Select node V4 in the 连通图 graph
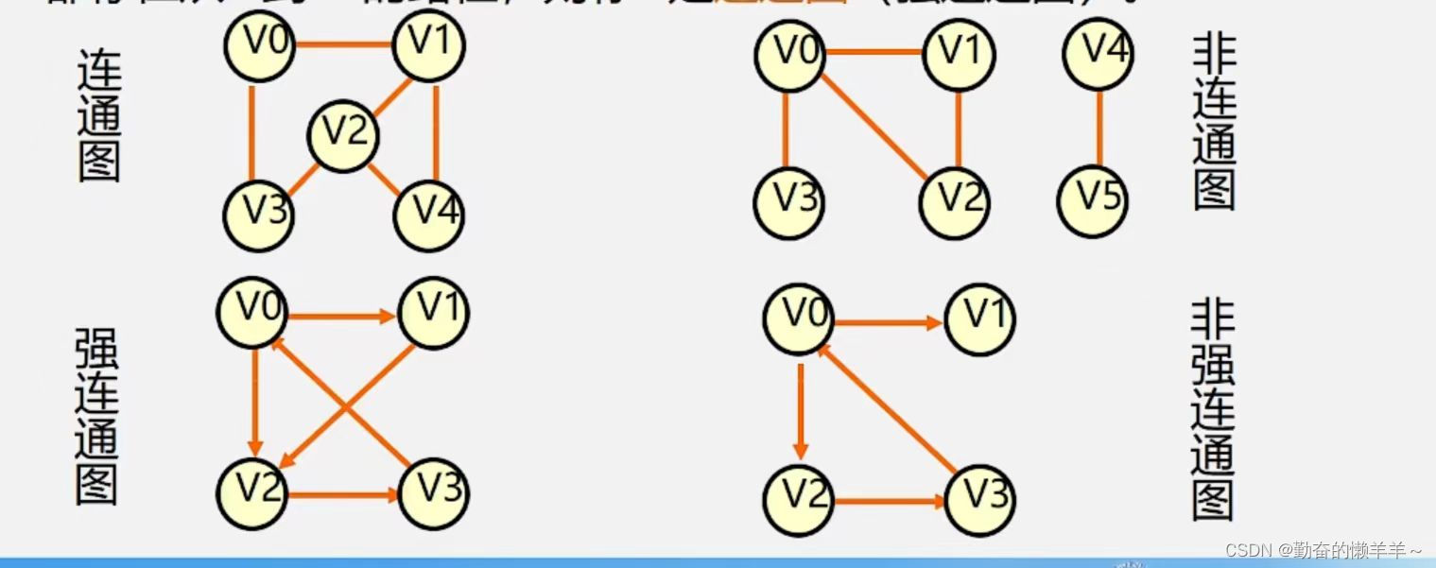pos(428,214)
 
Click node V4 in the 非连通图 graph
pos(1098,53)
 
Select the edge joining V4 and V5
pos(1098,127)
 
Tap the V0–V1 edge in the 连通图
pos(344,44)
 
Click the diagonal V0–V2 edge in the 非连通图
pos(874,127)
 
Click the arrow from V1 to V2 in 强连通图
pos(350,405)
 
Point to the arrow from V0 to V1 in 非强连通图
pos(889,322)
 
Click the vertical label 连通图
pos(98,122)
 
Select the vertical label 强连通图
pos(96,416)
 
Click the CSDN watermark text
pos(1323,550)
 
